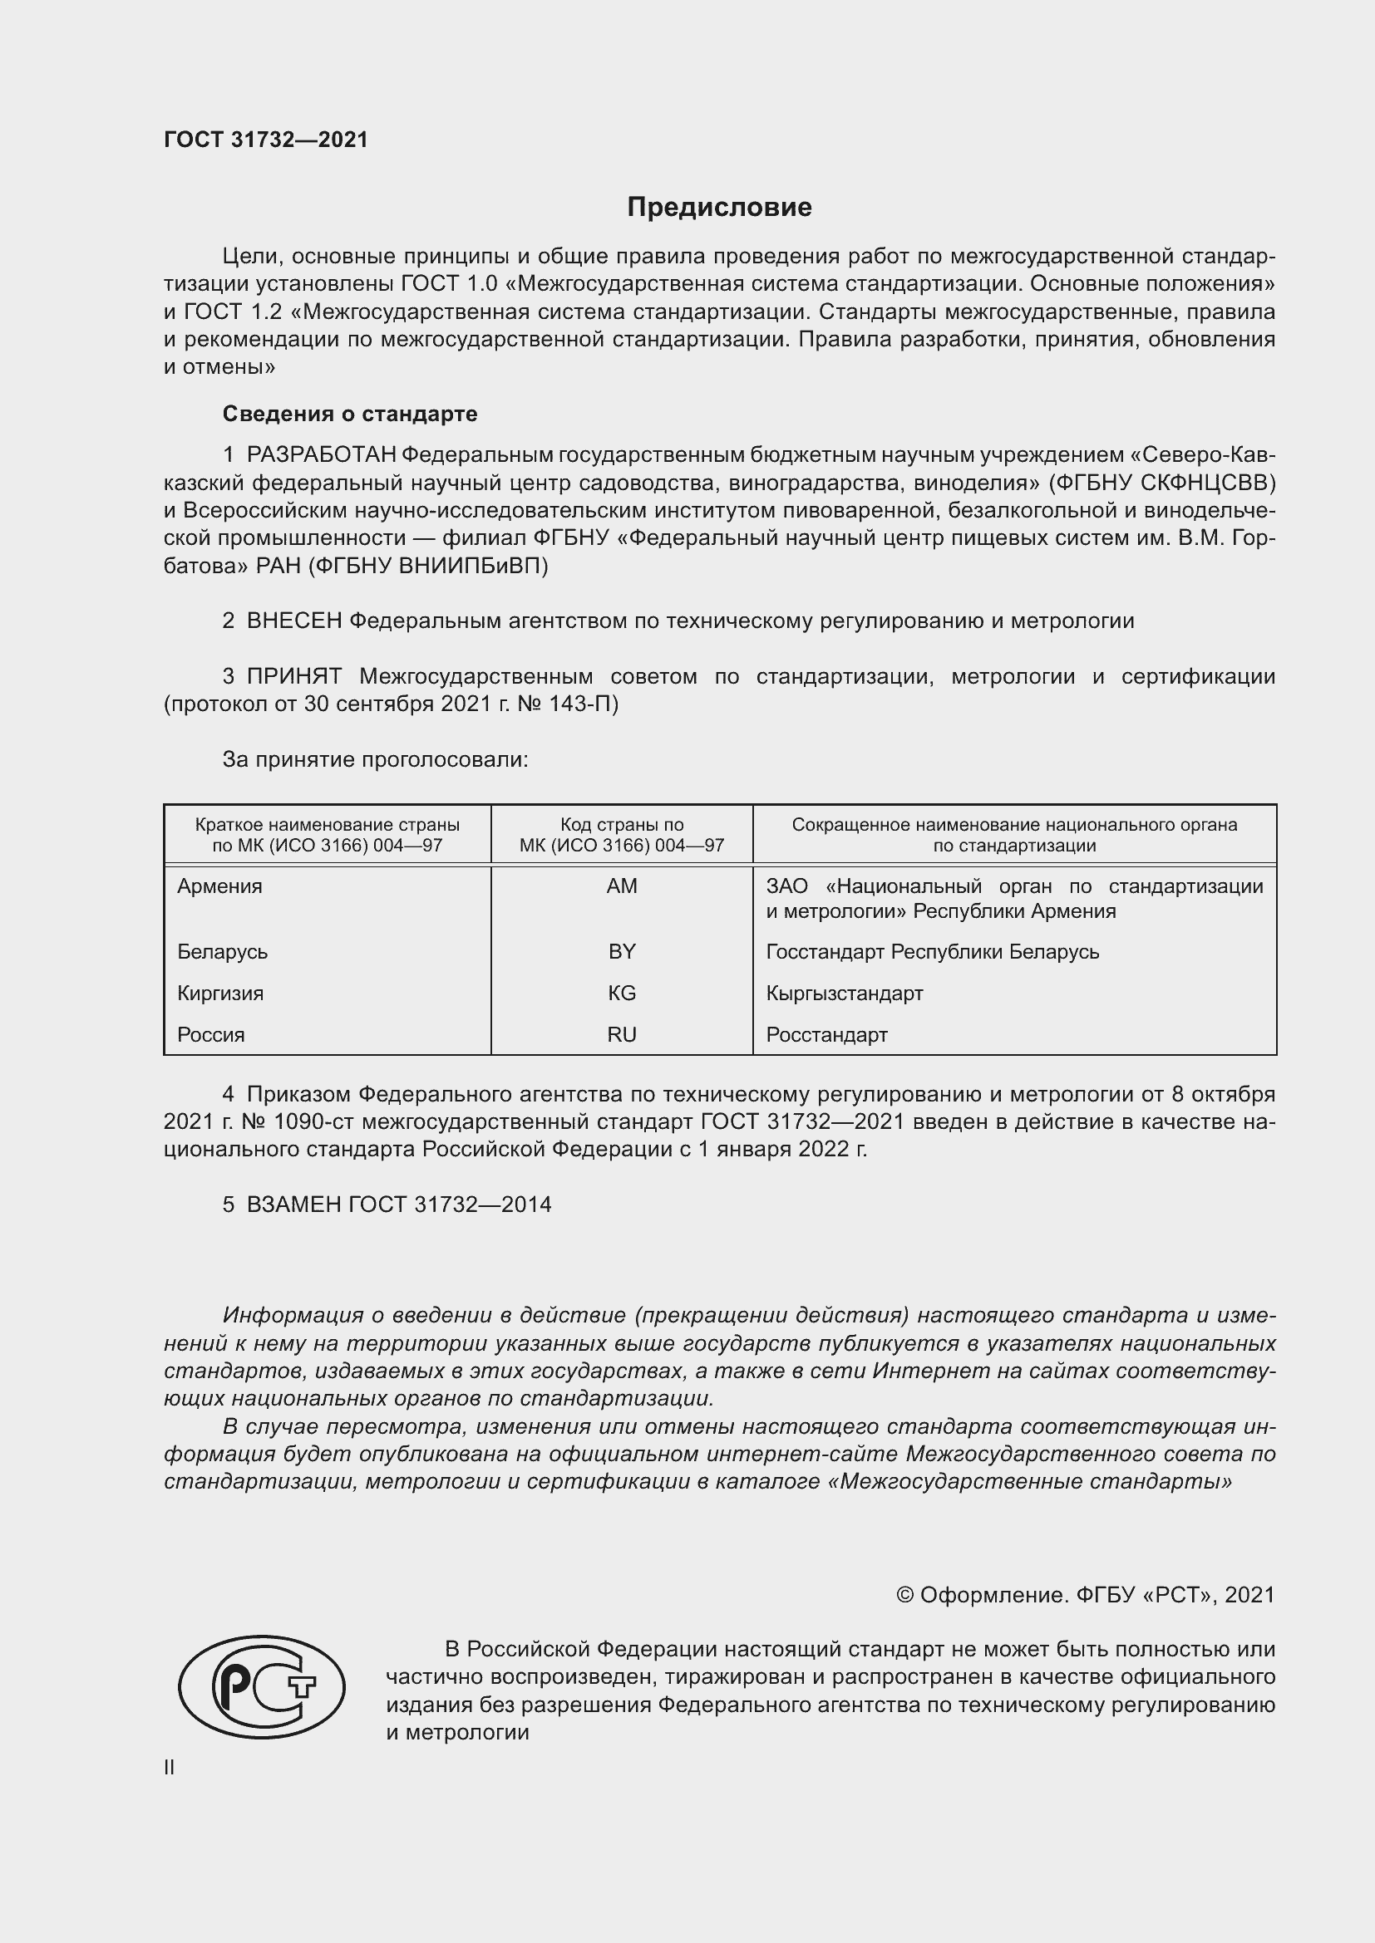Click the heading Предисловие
[719, 208]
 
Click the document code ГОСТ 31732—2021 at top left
[266, 140]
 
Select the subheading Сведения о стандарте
[350, 414]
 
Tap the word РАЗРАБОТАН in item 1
[321, 455]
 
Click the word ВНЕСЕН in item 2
[293, 621]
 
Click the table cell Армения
[220, 886]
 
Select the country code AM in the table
[622, 886]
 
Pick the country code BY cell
[622, 951]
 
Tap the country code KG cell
[622, 993]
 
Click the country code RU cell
[622, 1034]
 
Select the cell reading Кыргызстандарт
[844, 993]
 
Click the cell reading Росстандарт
[826, 1034]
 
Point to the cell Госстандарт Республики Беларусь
[932, 951]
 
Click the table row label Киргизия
[220, 993]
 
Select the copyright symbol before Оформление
[904, 1595]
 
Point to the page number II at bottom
[170, 1767]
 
